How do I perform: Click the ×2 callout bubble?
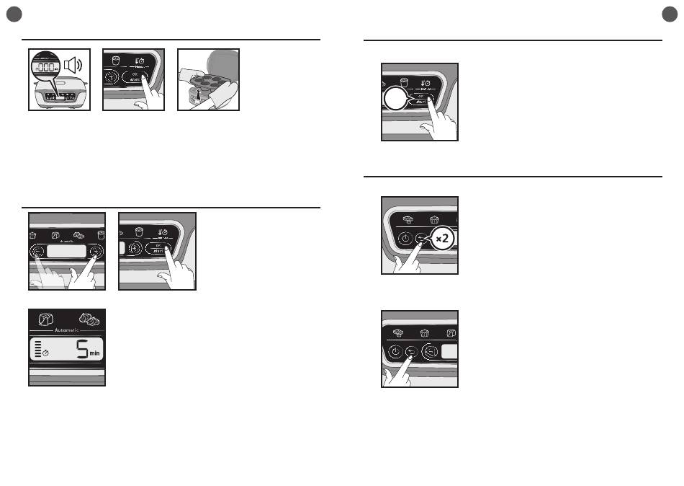pos(442,239)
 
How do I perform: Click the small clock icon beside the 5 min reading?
pos(45,355)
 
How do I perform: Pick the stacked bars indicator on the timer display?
pos(37,350)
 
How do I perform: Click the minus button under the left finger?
pos(37,252)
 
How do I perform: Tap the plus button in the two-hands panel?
pos(94,252)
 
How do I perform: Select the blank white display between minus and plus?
pos(66,252)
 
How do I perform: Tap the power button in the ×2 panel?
pos(405,239)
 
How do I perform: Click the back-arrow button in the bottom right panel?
pos(411,352)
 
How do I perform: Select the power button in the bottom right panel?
pos(395,352)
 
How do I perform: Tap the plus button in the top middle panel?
pos(112,79)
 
